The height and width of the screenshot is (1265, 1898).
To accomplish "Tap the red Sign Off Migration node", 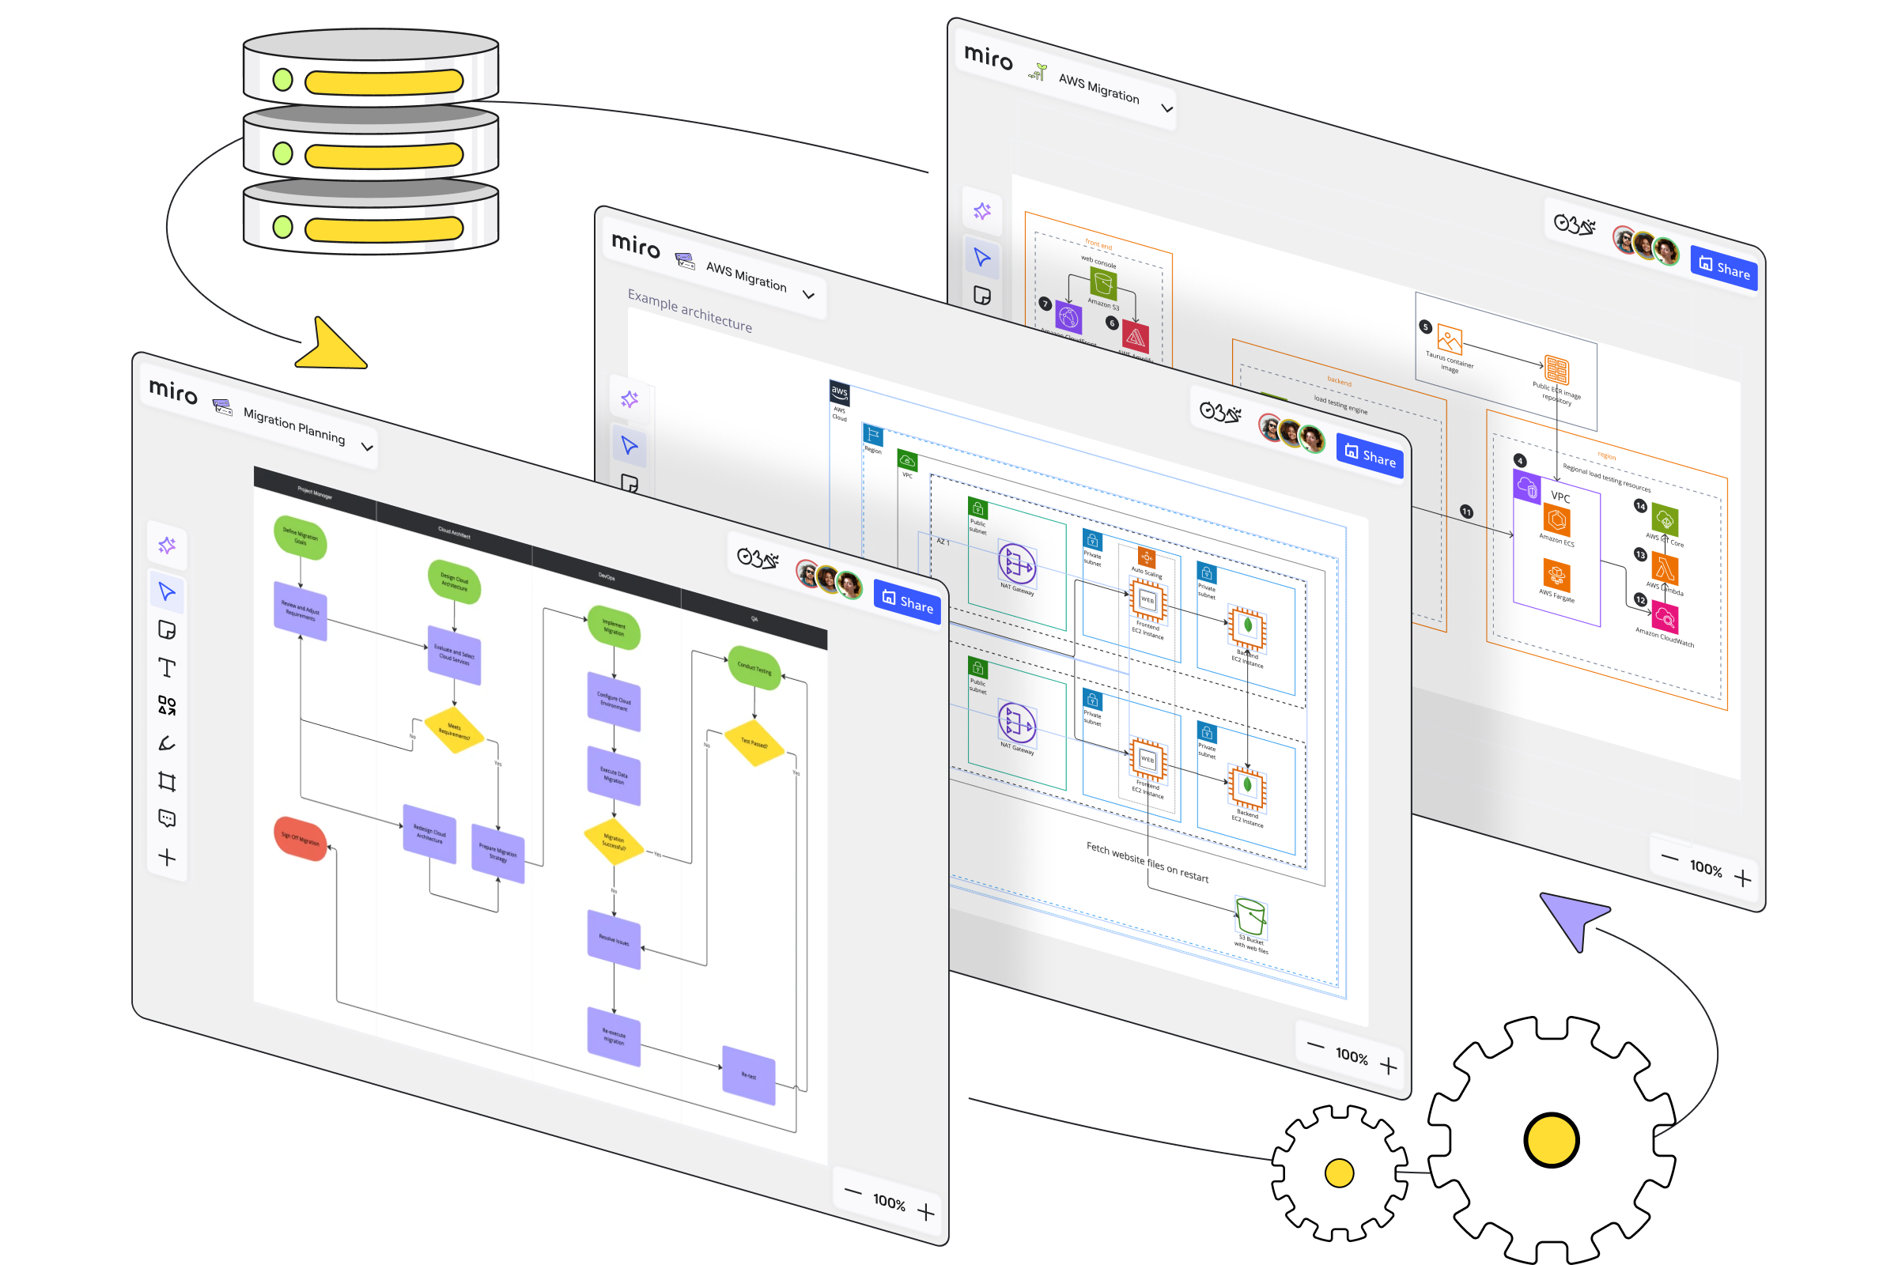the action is point(301,839).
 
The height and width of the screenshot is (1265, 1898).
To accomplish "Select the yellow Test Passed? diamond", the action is point(754,742).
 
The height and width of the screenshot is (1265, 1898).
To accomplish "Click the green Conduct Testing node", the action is point(754,668).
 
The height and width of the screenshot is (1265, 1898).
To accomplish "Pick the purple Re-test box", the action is point(749,1074).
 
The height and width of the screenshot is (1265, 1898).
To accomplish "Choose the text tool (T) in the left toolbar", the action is point(167,667).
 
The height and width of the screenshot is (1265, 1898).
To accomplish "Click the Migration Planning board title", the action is point(293,425).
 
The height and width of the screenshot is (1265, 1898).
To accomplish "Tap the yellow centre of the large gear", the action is point(1550,1139).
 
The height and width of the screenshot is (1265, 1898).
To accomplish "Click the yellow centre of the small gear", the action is point(1339,1172).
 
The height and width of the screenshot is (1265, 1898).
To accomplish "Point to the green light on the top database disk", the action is point(282,80).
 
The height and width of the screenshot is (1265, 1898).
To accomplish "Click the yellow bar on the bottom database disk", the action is point(384,229).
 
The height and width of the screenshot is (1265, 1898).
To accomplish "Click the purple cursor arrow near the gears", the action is point(1572,917).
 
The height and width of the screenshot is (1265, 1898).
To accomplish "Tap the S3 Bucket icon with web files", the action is point(1251,918).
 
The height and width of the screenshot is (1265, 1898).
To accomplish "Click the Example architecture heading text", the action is point(689,312).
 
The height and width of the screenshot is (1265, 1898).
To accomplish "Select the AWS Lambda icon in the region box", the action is point(1664,568).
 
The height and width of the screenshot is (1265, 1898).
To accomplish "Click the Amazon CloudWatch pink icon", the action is point(1664,618).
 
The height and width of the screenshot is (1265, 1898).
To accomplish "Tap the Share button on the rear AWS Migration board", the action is point(1724,267).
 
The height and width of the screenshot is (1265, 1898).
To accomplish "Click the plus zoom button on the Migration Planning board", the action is point(926,1212).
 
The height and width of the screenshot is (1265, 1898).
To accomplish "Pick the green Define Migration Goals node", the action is point(301,538).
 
